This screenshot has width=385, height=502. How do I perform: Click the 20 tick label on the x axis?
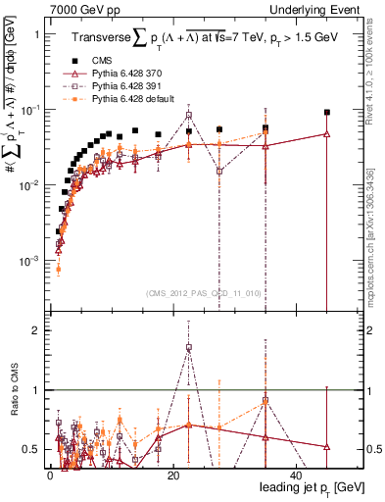click(172, 476)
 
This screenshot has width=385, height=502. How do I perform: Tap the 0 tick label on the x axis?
click(50, 476)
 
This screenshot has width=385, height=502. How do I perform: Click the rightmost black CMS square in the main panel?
click(327, 113)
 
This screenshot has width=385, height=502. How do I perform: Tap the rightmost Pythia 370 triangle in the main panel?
click(327, 134)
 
